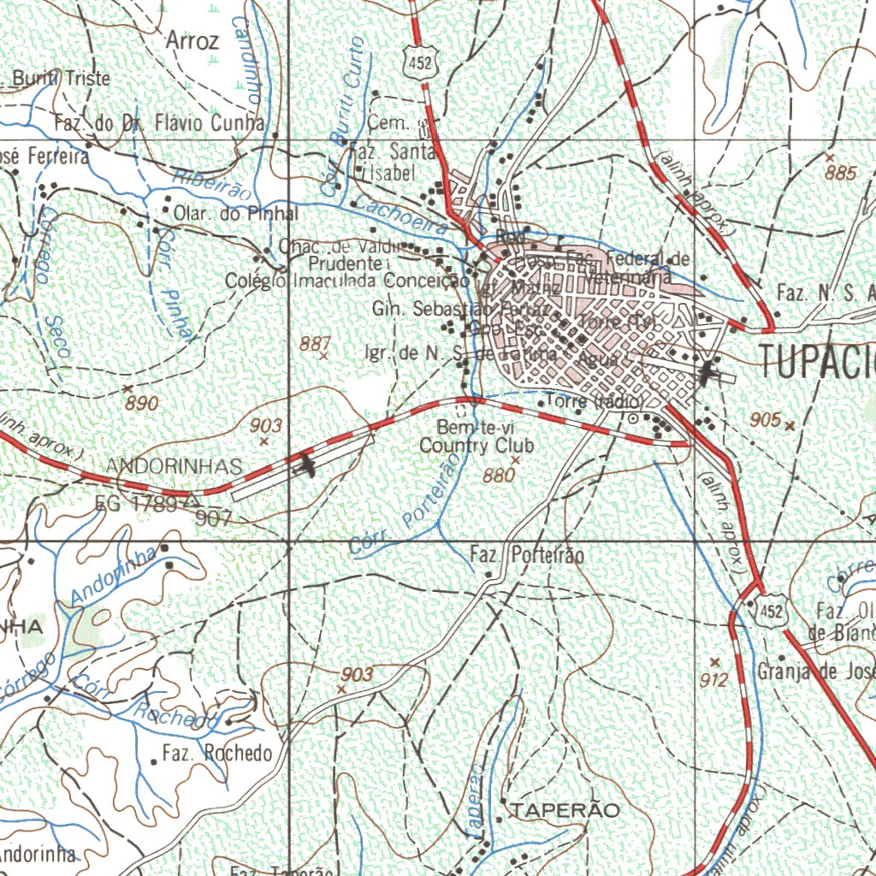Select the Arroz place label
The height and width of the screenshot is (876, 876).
192,40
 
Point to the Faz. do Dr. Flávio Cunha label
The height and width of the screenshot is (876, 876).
160,124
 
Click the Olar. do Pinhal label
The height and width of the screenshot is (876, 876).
236,213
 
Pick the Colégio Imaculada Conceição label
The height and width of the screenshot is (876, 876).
346,280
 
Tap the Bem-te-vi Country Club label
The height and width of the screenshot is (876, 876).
476,436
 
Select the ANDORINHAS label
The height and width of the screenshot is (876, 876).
175,466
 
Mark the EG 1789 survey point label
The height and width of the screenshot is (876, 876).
137,504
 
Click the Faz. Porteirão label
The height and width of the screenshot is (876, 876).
528,556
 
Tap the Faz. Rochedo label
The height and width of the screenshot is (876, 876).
217,754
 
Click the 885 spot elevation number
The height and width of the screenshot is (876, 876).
841,173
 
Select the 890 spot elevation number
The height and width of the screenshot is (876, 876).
141,403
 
